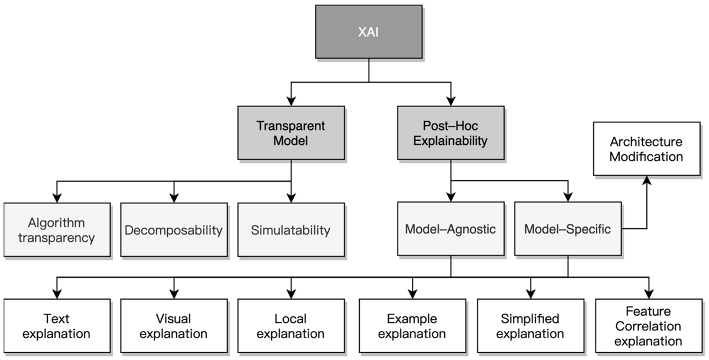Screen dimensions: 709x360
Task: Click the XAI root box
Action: point(369,32)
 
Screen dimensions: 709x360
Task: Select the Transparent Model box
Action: point(291,133)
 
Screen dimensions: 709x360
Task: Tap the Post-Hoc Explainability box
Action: point(451,133)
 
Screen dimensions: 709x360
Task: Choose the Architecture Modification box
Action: point(646,149)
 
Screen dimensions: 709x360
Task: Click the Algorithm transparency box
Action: point(57,230)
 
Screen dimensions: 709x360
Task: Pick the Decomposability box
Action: point(174,230)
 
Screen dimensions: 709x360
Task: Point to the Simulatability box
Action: point(291,230)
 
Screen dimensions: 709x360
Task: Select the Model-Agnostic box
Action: point(451,229)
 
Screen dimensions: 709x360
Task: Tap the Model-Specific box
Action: point(568,229)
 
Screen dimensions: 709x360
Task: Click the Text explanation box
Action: point(57,326)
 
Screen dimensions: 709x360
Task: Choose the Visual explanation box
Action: point(174,326)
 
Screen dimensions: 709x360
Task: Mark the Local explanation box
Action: point(291,326)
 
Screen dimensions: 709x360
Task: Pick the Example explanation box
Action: point(412,326)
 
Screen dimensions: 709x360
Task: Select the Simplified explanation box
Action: point(531,326)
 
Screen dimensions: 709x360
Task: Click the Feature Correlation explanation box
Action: point(649,326)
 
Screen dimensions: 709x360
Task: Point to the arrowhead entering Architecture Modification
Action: point(646,180)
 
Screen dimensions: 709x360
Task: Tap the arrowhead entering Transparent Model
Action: point(291,101)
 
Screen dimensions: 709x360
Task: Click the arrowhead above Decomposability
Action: point(174,198)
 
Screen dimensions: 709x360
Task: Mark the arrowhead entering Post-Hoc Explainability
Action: point(451,101)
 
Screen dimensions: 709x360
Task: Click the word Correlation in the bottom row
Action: point(648,326)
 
